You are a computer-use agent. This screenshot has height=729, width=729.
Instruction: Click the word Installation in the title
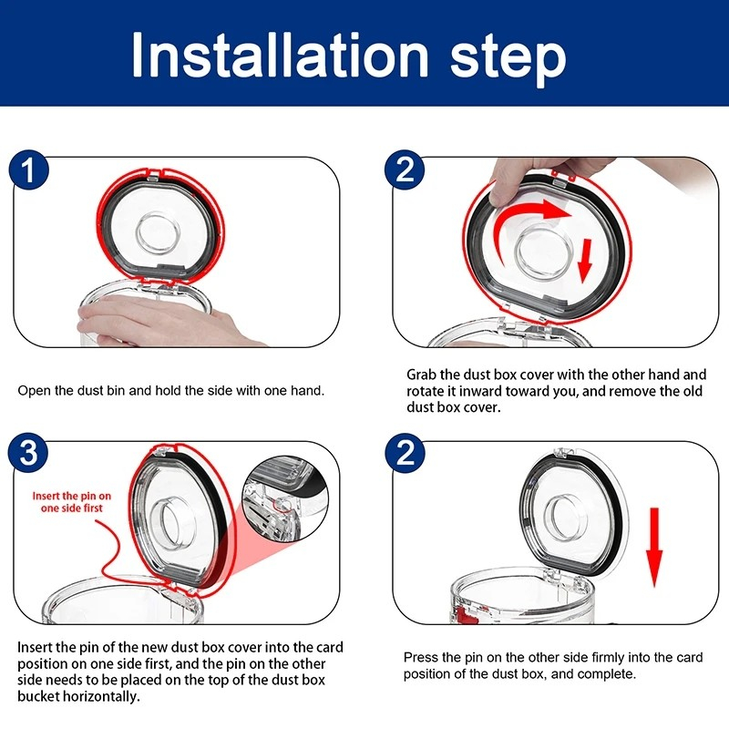280,55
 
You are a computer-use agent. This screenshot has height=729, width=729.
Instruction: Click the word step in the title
508,59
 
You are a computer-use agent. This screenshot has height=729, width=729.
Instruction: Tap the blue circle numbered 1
29,169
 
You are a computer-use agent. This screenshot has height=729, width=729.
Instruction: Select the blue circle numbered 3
29,452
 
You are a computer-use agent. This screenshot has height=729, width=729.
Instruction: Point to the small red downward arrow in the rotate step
585,261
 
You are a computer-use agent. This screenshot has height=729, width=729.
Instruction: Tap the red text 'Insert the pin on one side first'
72,502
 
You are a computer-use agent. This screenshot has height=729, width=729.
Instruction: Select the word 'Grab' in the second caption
422,375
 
